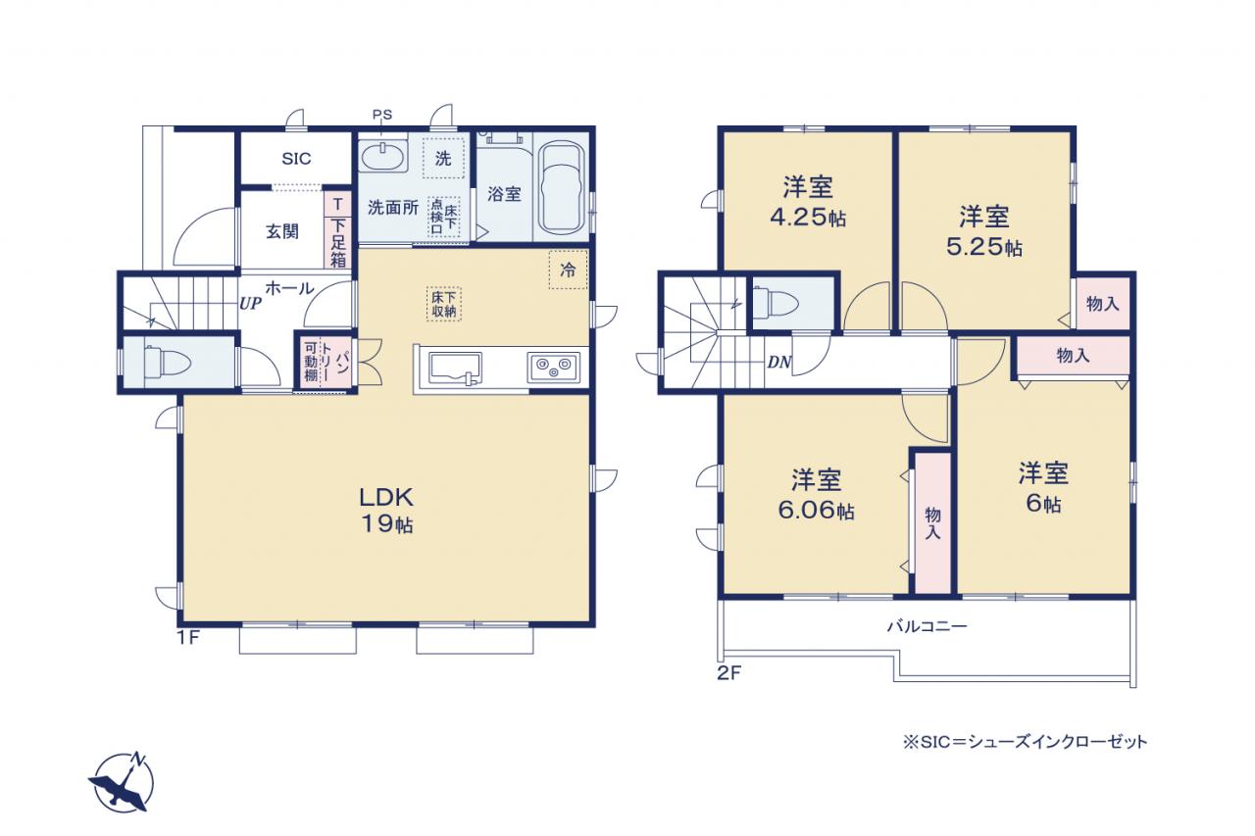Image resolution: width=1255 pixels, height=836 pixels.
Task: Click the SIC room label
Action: point(296,159)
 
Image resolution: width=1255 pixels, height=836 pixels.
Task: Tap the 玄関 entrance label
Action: point(282,231)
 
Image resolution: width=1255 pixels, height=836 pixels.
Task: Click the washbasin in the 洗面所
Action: point(381,155)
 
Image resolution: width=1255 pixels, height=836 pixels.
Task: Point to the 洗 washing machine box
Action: point(443,159)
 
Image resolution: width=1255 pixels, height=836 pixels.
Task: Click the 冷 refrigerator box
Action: point(568,270)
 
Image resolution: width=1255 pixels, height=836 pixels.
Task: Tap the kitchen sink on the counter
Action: point(455,368)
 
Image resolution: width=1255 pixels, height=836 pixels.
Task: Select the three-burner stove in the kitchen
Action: point(554,369)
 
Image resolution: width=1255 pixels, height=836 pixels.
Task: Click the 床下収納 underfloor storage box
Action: point(444,304)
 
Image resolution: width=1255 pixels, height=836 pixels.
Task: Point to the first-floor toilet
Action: point(168,361)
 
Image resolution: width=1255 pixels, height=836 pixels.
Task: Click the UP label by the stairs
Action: point(250,304)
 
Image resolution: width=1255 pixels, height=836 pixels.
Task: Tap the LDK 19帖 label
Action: point(386,510)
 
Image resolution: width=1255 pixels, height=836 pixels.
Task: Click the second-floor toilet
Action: point(776,304)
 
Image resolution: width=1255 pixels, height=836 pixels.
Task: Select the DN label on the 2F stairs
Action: point(779,363)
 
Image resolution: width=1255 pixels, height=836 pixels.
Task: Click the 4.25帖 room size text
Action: point(808,218)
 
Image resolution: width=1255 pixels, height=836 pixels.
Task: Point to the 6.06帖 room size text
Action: point(817,510)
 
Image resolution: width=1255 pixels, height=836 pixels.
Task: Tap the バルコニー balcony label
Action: point(928,626)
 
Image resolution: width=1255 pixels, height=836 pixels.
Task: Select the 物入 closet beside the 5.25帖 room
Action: point(1103,304)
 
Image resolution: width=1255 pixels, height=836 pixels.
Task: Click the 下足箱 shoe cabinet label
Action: point(338,243)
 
